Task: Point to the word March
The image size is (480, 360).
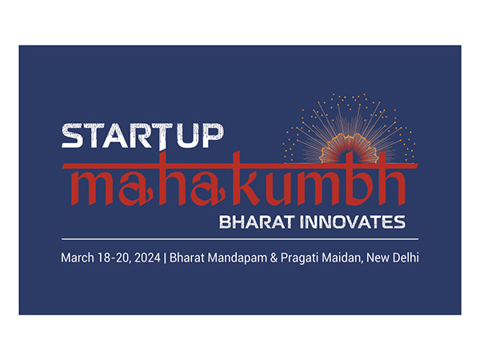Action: coord(77,258)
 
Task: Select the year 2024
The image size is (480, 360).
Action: coord(146,258)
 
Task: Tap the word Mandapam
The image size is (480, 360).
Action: coord(236,258)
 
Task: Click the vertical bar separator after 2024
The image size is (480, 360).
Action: coord(164,258)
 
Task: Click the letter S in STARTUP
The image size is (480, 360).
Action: coord(72,137)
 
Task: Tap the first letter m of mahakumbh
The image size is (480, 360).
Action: coord(81,186)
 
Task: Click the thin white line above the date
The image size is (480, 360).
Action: coord(240,238)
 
